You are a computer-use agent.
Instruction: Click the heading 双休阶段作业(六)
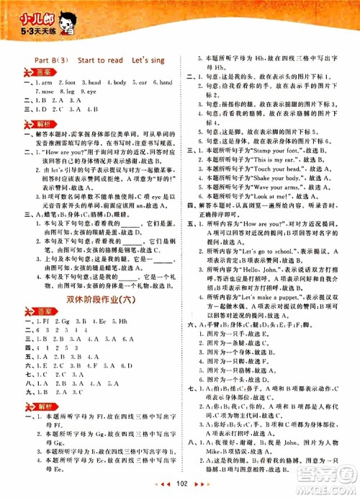pyautogui.click(x=96, y=298)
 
